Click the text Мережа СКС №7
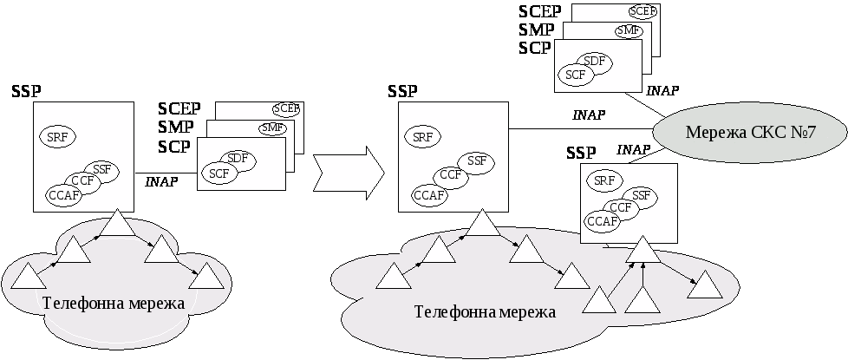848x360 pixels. [750, 133]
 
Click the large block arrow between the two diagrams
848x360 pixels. [349, 173]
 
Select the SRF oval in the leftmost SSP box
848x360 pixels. [57, 136]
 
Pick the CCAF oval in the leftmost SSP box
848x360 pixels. [64, 196]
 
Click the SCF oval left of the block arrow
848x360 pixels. [219, 173]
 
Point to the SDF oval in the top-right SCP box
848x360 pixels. [594, 62]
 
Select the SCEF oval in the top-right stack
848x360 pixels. [643, 11]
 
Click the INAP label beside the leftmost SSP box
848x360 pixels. [161, 181]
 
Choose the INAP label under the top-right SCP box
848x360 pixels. [662, 90]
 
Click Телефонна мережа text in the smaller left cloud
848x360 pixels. [113, 303]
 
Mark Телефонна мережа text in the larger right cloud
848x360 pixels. [485, 311]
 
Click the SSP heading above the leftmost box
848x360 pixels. [26, 91]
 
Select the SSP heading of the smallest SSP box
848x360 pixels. [581, 153]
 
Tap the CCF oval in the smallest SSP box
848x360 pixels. [620, 207]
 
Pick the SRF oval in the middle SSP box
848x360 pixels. [422, 137]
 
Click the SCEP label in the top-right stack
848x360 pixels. [540, 11]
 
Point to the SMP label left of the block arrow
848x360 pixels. [176, 128]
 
